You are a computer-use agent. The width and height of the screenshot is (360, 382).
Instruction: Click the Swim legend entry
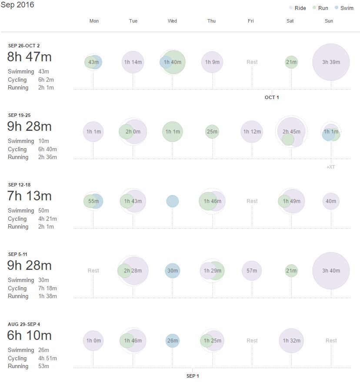(x=344, y=8)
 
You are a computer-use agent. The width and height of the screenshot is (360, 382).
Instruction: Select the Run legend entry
(x=320, y=8)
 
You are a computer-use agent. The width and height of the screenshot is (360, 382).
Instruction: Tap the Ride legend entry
(x=297, y=8)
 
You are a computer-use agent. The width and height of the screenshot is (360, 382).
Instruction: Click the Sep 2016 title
(x=17, y=5)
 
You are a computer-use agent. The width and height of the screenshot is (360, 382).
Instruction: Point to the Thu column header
(x=211, y=21)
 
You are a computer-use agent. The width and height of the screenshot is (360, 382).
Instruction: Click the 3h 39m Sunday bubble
(x=331, y=62)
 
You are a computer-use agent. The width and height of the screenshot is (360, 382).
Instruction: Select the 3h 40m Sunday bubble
(x=331, y=271)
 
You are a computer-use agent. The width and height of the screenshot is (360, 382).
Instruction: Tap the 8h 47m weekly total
(x=29, y=57)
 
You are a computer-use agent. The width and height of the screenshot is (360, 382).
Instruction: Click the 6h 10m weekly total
(x=29, y=335)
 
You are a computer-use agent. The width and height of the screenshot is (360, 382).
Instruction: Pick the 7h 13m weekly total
(x=29, y=196)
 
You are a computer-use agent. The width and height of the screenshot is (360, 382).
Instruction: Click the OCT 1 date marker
(x=272, y=97)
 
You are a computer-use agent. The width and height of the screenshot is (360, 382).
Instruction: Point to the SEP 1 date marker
(x=192, y=376)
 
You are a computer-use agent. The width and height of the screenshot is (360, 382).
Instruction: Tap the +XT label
(x=330, y=167)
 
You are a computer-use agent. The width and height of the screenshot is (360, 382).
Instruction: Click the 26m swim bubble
(x=173, y=341)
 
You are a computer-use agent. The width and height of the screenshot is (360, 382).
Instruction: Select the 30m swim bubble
(x=173, y=271)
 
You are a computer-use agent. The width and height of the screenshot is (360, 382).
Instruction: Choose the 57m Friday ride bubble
(x=252, y=271)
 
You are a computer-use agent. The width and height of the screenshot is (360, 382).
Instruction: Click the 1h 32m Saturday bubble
(x=291, y=341)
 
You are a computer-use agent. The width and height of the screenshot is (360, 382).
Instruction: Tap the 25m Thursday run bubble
(x=212, y=132)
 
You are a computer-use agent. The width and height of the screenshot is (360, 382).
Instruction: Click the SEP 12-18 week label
(x=20, y=185)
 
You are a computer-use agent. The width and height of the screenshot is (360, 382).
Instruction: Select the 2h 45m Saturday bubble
(x=291, y=131)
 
